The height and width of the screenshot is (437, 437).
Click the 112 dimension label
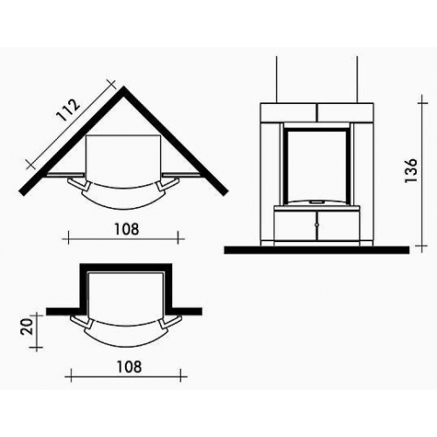pyautogui.click(x=68, y=110)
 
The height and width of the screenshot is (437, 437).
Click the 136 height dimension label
pyautogui.click(x=412, y=170)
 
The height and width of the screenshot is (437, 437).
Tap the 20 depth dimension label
pyautogui.click(x=27, y=327)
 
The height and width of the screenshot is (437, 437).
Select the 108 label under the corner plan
pyautogui.click(x=127, y=229)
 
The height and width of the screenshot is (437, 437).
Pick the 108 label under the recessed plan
pyautogui.click(x=129, y=367)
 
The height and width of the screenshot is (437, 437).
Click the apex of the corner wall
pyautogui.click(x=124, y=87)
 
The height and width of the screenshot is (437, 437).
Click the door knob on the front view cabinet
pyautogui.click(x=316, y=225)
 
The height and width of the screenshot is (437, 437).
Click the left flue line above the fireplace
pyautogui.click(x=276, y=79)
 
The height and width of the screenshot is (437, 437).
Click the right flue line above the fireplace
pyautogui.click(x=357, y=79)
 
